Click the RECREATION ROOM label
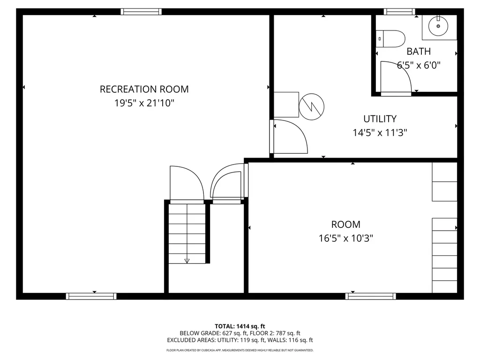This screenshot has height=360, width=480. [x=144, y=89]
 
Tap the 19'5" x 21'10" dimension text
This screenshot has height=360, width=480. [x=144, y=103]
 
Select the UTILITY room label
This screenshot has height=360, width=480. [x=380, y=119]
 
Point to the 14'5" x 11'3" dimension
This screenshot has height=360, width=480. [x=380, y=133]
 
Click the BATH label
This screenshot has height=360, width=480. [x=418, y=52]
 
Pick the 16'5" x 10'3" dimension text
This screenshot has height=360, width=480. [x=345, y=238]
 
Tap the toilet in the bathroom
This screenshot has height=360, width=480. [x=392, y=38]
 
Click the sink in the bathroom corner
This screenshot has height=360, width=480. [x=438, y=26]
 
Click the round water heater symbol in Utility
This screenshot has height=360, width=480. [x=311, y=106]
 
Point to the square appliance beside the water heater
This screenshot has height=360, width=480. [x=286, y=105]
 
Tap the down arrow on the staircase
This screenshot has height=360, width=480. [x=187, y=261]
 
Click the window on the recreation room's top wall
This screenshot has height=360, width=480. [x=141, y=12]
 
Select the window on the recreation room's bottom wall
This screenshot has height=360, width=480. [x=91, y=296]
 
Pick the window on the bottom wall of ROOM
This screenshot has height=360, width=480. [x=370, y=296]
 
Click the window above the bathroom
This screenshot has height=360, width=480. [x=399, y=12]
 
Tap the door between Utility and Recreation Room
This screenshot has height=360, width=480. [x=288, y=136]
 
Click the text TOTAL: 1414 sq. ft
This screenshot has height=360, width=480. [x=240, y=326]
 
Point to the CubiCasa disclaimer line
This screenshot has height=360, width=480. [x=240, y=350]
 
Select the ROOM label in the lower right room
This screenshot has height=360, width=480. [x=345, y=225]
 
